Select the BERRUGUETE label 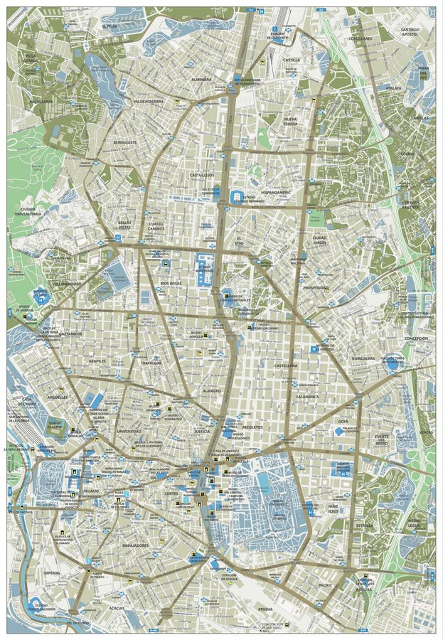pyautogui.click(x=124, y=142)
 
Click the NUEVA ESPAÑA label pyautogui.click(x=290, y=122)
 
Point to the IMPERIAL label pyautogui.click(x=51, y=572)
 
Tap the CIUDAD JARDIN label pyautogui.click(x=319, y=240)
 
